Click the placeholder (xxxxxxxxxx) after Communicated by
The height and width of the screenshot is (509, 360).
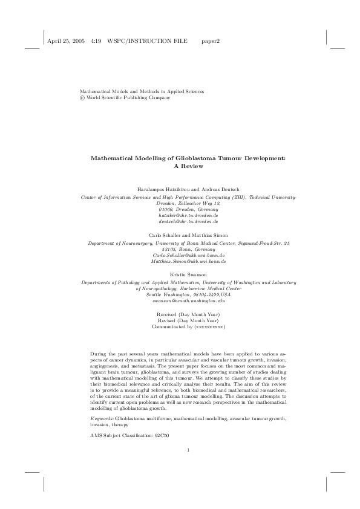pos(209,326)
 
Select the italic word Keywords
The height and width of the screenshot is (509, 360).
pos(102,418)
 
